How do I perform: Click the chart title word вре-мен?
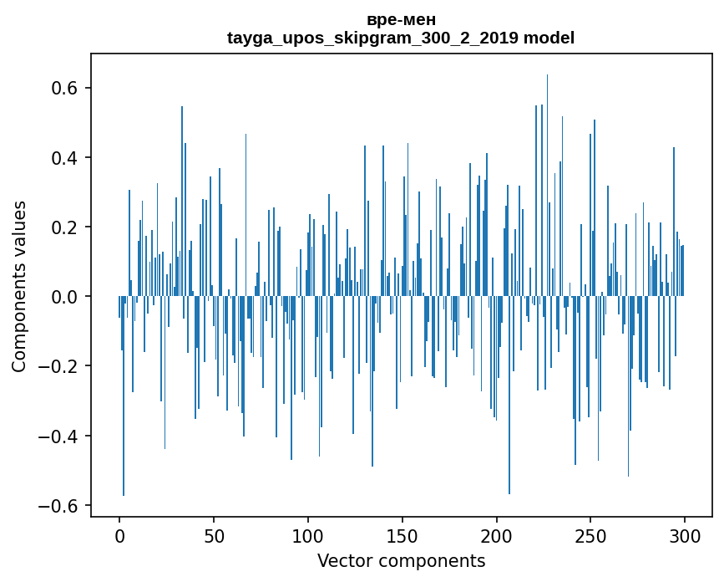[401, 19]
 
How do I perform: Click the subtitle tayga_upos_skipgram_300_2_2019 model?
[401, 38]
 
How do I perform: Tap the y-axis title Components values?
[19, 286]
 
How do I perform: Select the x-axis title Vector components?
[401, 560]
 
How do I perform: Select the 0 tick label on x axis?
[119, 535]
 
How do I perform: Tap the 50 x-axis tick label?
[214, 535]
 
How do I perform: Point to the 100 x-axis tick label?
[308, 535]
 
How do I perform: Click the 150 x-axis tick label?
[403, 535]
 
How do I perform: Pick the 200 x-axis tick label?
[496, 535]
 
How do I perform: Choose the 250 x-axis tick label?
[590, 535]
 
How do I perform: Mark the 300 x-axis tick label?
[685, 535]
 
